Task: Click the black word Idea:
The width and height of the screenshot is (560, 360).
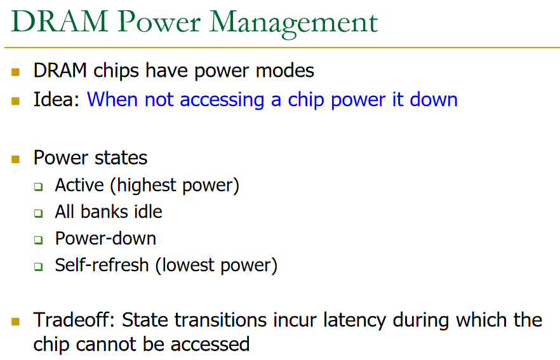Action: [57, 100]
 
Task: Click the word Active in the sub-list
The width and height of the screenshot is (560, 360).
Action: [79, 185]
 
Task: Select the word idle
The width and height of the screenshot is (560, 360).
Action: [148, 211]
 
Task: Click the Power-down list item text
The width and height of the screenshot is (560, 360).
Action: [105, 238]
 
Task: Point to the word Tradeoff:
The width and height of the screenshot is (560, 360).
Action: [74, 320]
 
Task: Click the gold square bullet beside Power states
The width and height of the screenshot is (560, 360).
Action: [16, 159]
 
